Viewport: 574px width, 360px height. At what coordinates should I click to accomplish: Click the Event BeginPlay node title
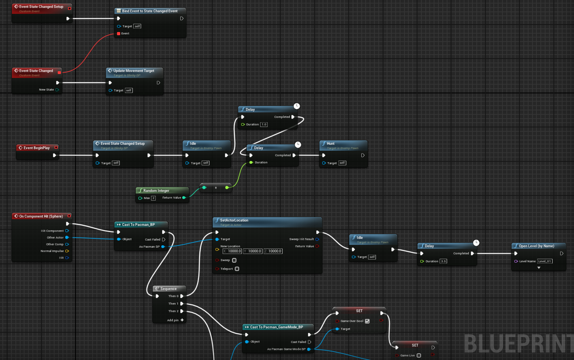[36, 148]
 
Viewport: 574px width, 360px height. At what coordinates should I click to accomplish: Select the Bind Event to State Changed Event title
[149, 11]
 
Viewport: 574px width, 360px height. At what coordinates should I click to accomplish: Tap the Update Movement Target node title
[134, 71]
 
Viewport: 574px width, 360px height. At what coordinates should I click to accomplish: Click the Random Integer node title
[156, 191]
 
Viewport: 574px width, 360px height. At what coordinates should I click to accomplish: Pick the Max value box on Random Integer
[153, 198]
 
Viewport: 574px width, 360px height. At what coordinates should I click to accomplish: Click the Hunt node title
[330, 144]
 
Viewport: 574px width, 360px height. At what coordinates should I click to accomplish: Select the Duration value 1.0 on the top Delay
[264, 125]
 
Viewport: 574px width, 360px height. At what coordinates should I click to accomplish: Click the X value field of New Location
[232, 251]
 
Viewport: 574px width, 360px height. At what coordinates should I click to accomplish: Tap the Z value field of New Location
[273, 251]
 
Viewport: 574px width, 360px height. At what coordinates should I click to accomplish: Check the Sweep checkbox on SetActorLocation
[234, 260]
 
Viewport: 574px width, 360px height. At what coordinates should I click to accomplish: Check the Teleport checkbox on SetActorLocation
[237, 269]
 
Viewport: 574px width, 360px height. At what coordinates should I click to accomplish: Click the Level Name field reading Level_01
[545, 261]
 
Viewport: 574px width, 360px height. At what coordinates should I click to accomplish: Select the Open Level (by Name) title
[536, 246]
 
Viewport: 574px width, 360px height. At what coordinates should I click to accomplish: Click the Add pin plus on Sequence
[182, 320]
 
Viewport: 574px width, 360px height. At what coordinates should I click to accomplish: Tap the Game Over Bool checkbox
[367, 321]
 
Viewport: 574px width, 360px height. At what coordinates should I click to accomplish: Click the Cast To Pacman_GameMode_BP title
[276, 327]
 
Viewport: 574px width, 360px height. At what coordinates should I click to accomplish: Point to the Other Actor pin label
[55, 238]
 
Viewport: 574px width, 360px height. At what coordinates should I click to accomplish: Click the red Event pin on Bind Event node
[119, 34]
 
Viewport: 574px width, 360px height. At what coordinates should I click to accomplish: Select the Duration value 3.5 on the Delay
[443, 261]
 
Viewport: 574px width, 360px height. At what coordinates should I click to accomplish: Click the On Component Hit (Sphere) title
[41, 216]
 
